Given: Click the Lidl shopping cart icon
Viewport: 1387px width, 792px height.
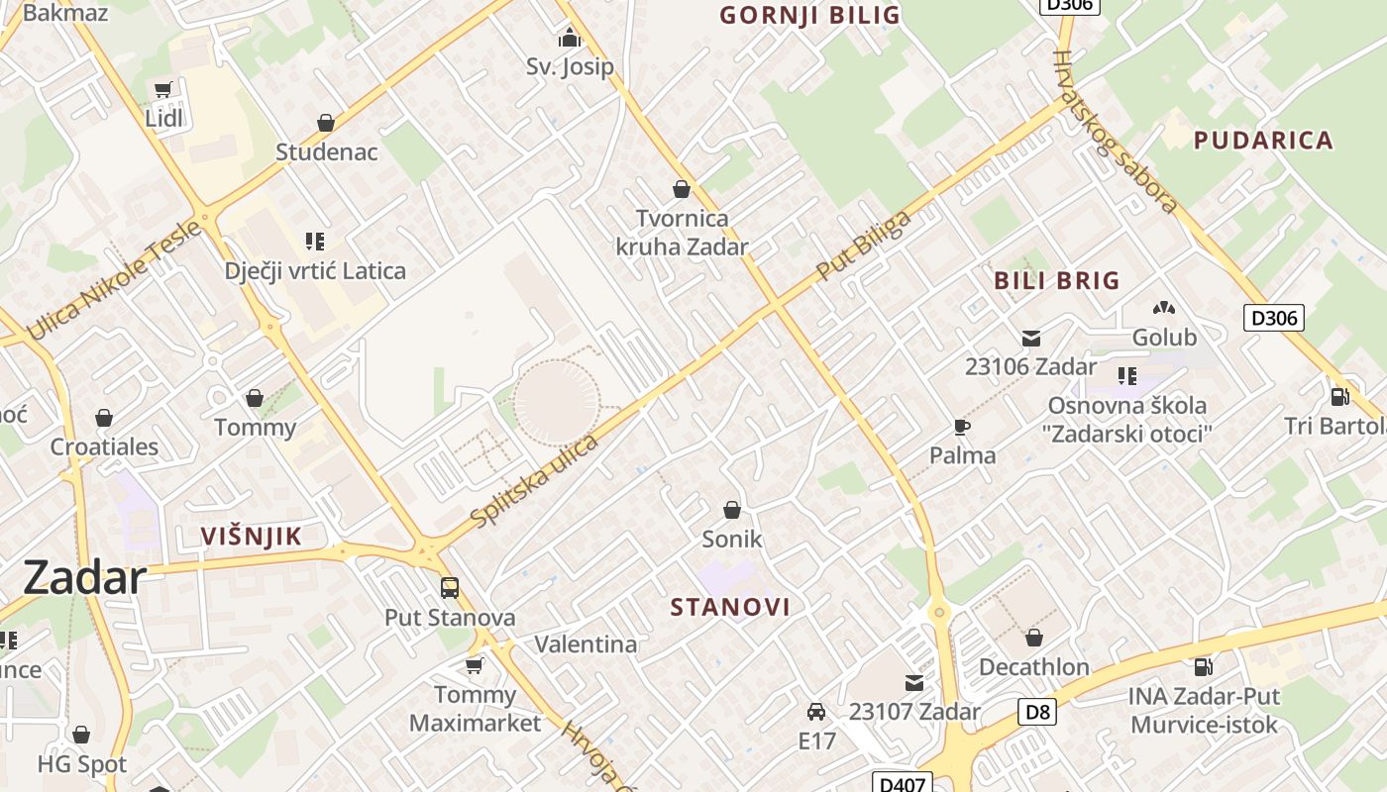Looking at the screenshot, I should click(x=162, y=90).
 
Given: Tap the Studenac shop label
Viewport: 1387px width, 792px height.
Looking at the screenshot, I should click(x=326, y=151).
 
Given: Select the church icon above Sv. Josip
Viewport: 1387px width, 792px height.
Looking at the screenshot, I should click(x=570, y=39).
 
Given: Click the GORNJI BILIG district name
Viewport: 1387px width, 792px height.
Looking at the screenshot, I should click(x=809, y=15).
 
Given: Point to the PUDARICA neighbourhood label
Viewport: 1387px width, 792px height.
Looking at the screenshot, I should click(x=1263, y=140).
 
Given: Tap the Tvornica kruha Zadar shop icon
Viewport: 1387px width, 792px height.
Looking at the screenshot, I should click(x=682, y=188).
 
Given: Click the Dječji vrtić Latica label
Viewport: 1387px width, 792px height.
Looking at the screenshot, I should click(x=315, y=270).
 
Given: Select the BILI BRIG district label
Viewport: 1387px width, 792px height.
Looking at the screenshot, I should click(x=1057, y=280).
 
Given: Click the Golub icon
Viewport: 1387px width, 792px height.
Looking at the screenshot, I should click(x=1164, y=309).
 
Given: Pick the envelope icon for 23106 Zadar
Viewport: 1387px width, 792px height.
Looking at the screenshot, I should click(x=1031, y=339).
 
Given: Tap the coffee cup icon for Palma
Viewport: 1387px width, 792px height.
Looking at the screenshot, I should click(x=961, y=427).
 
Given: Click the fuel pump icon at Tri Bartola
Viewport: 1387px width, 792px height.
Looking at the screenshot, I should click(x=1339, y=397).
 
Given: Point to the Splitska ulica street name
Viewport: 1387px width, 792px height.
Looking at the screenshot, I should click(x=535, y=480).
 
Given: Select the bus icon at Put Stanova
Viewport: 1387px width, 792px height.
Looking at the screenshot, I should click(x=450, y=588).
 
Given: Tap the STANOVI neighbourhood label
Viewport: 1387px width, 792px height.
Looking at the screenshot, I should click(x=730, y=607).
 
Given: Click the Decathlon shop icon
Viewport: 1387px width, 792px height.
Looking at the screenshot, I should click(x=1034, y=638).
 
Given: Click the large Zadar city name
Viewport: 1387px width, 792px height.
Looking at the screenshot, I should click(x=84, y=577).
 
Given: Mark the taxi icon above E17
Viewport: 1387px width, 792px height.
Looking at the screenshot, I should click(x=816, y=712).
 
